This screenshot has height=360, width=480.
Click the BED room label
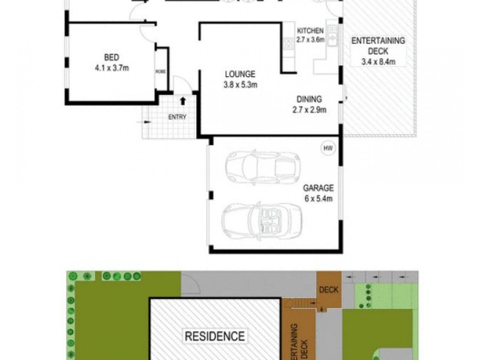tap(111, 58)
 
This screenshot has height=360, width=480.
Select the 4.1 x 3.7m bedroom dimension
tap(111, 68)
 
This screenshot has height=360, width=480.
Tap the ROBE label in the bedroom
tap(160, 70)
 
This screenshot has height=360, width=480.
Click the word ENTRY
tap(178, 117)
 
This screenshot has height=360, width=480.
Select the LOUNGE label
tap(240, 74)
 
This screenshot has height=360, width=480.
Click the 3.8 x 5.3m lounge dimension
tap(240, 85)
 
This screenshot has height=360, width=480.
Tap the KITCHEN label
tap(310, 31)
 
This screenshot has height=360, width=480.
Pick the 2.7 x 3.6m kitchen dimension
tap(310, 40)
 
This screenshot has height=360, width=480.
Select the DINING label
tap(309, 100)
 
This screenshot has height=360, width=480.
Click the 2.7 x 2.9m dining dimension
tap(309, 109)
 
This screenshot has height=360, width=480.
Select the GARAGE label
tap(318, 187)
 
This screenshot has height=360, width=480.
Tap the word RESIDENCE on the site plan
tap(214, 335)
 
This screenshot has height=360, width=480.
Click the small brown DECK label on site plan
tap(329, 289)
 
